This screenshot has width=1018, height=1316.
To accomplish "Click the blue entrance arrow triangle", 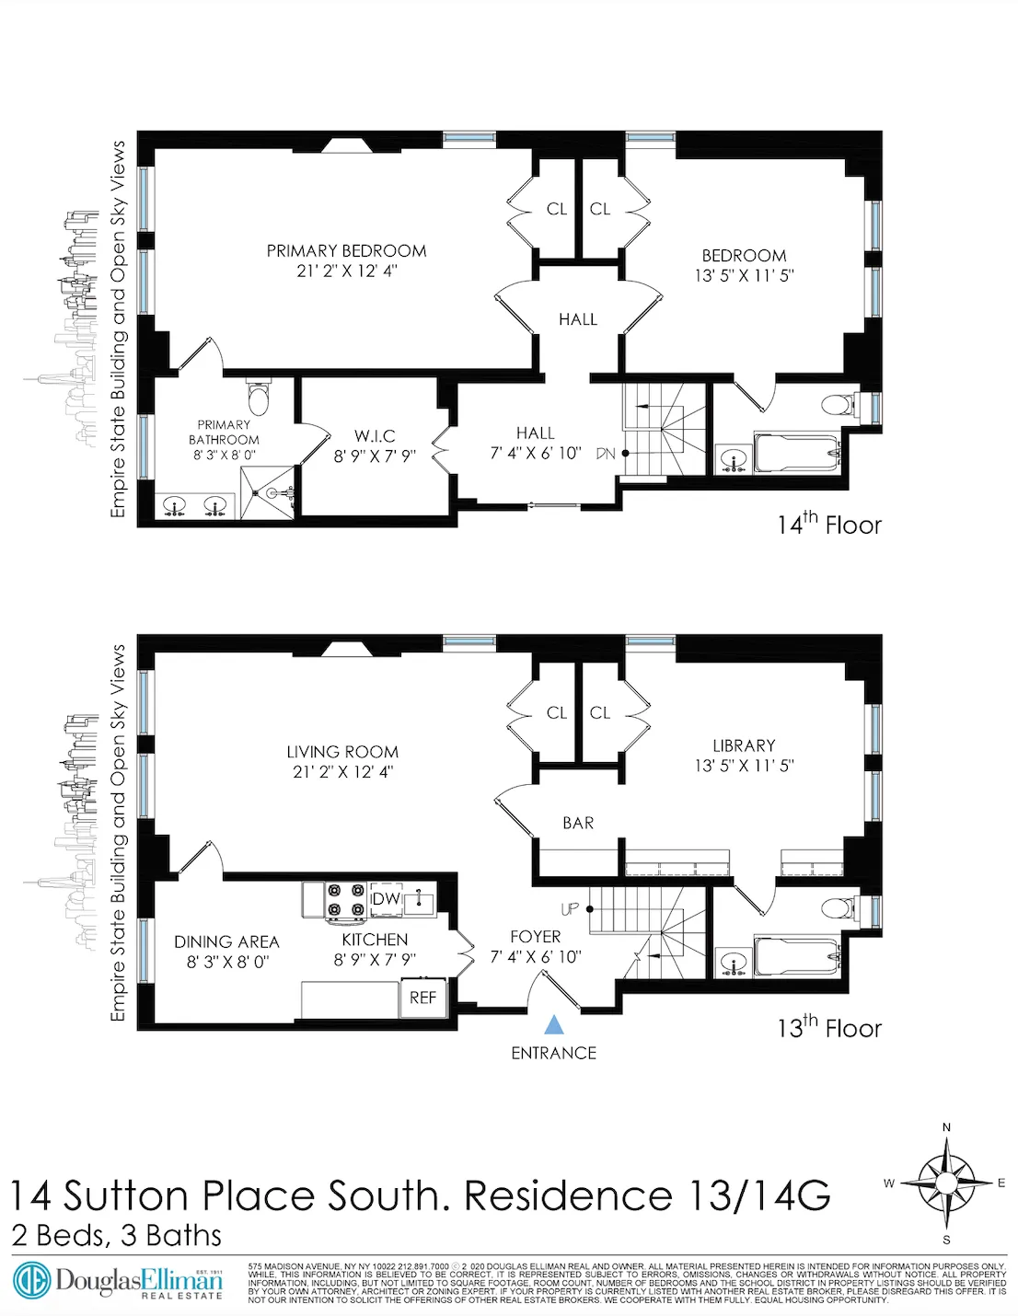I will [x=553, y=1024].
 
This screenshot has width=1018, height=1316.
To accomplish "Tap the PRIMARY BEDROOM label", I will [x=346, y=250].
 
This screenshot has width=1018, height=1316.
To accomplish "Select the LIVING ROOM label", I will [x=342, y=752].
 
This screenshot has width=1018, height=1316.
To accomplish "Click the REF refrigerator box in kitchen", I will [x=422, y=998].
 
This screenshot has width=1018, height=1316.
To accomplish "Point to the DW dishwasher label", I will [x=386, y=898].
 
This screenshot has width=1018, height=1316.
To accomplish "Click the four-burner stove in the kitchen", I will [x=346, y=900].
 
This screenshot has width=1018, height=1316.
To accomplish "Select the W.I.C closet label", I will [x=375, y=435].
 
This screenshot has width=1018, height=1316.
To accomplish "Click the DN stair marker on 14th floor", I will [x=605, y=453].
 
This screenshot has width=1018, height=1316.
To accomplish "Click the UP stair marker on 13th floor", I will [x=570, y=908].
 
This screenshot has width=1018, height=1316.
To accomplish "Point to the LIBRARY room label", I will [x=744, y=745].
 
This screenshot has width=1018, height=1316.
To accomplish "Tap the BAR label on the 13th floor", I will [x=578, y=823].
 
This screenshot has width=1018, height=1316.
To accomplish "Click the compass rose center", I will [x=946, y=1183].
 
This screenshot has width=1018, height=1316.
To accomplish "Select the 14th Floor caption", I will [x=828, y=525].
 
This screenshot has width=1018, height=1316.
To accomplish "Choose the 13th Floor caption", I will [x=828, y=1027].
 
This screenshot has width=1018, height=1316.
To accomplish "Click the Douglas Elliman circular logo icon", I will [x=30, y=1281].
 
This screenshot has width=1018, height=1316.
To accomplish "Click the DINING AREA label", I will [x=226, y=941].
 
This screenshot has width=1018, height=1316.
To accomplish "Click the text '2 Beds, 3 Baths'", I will [x=117, y=1235].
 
